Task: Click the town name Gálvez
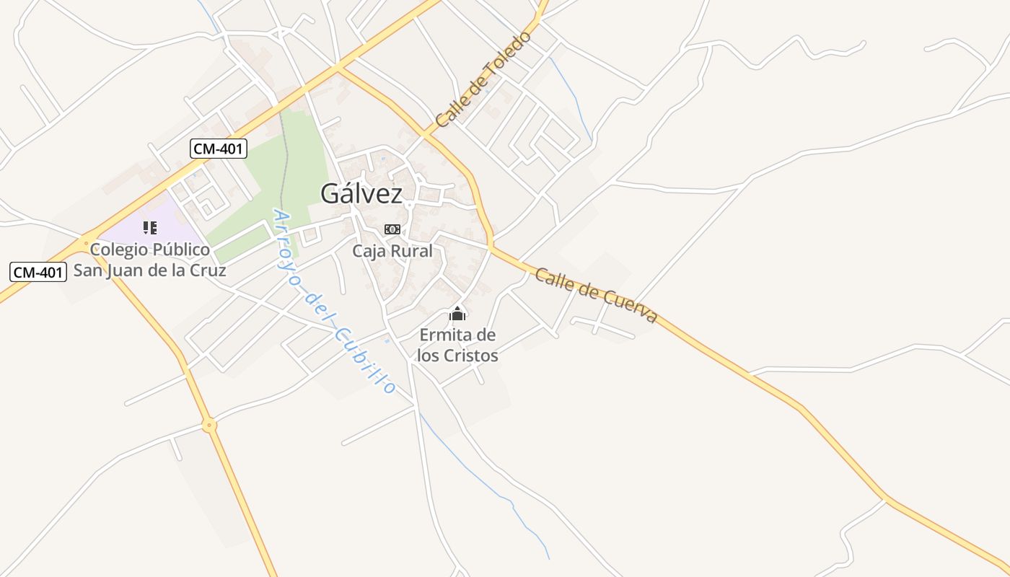(x=361, y=193)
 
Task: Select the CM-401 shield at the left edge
(x=38, y=272)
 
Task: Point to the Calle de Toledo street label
(x=483, y=79)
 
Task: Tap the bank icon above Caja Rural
(x=392, y=229)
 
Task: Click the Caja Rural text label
(x=392, y=251)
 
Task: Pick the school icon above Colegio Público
(x=150, y=228)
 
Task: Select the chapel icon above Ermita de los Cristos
(x=457, y=314)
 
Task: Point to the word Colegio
(x=119, y=250)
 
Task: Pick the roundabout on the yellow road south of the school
(x=210, y=426)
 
